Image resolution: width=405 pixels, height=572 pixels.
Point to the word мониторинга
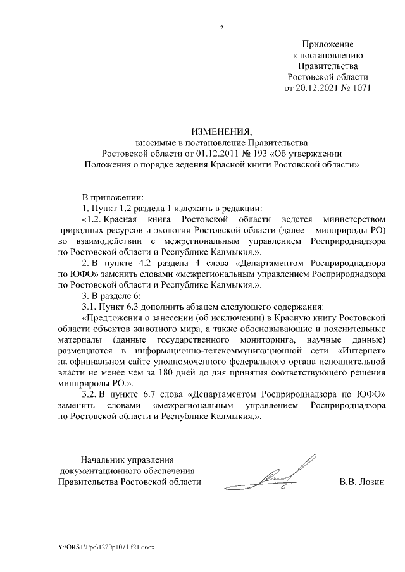point(263,341)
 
